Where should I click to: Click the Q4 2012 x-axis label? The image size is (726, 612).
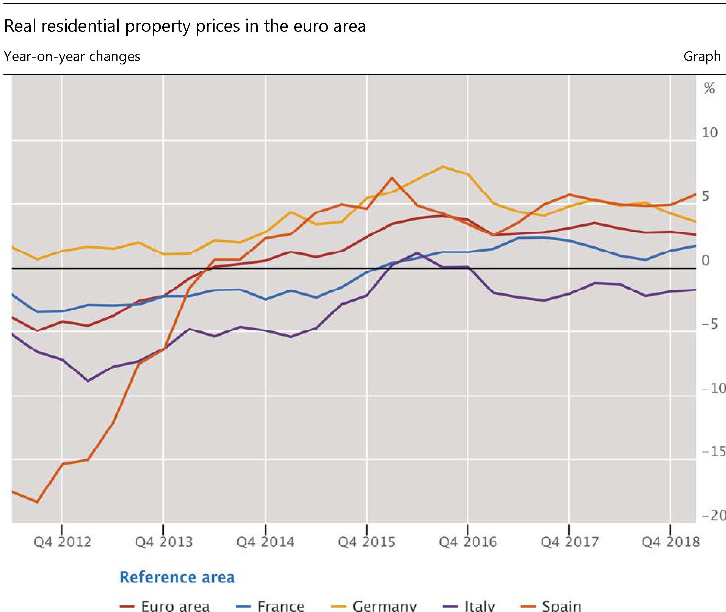(63, 542)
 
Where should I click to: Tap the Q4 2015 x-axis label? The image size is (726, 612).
(367, 542)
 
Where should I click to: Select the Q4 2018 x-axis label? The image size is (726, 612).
(671, 542)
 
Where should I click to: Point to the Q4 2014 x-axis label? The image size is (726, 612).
(265, 542)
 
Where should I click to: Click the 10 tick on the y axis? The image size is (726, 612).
(710, 133)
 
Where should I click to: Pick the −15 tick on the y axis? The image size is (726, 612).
(713, 452)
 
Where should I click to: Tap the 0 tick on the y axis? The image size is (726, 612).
(706, 260)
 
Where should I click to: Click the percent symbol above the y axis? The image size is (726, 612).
(709, 88)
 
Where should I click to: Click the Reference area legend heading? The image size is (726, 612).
(177, 577)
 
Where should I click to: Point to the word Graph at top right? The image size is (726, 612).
(702, 56)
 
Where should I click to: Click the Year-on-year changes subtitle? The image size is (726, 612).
(72, 56)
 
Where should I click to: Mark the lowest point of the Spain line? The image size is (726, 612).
(37, 502)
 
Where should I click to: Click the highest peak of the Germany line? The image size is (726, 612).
(442, 166)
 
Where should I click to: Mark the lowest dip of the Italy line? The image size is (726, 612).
(88, 381)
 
